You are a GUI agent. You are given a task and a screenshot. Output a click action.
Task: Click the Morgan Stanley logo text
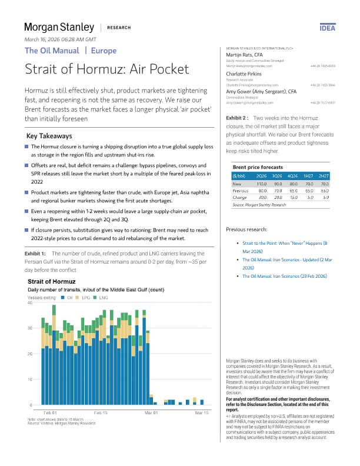[x=59, y=27]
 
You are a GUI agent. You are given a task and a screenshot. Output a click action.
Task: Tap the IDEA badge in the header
[x=328, y=28]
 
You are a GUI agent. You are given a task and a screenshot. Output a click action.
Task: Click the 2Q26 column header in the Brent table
[x=261, y=176]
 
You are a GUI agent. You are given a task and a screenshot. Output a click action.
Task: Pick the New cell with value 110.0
[x=261, y=184]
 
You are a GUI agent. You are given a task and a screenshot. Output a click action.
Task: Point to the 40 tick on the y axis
[x=29, y=302]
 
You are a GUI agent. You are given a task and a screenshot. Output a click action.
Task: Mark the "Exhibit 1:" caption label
[x=35, y=253]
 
